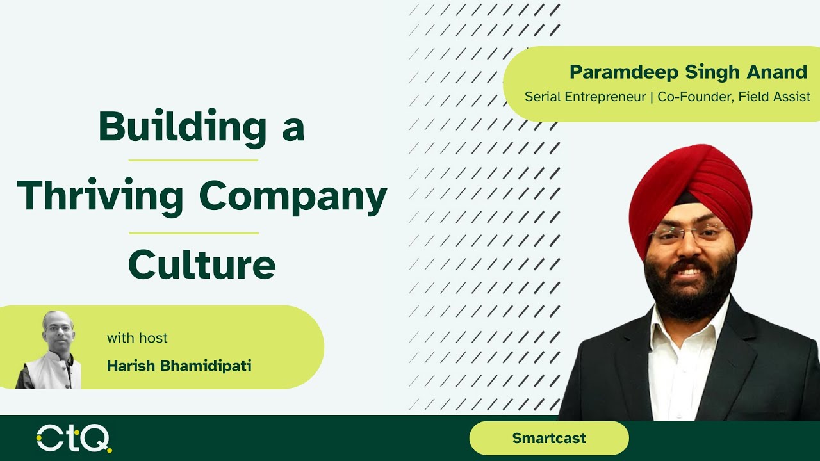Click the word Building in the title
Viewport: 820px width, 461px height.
(183, 127)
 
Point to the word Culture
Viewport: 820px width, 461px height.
(202, 264)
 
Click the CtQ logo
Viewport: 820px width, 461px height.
(74, 439)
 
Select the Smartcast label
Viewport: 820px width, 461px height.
(549, 439)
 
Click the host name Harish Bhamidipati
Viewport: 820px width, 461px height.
(179, 366)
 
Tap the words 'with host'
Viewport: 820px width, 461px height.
(137, 337)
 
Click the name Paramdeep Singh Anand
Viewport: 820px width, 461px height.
(688, 72)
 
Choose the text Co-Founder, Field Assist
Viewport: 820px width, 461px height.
(734, 97)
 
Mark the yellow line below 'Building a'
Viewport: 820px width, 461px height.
(193, 160)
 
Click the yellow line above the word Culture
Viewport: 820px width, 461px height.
(193, 233)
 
